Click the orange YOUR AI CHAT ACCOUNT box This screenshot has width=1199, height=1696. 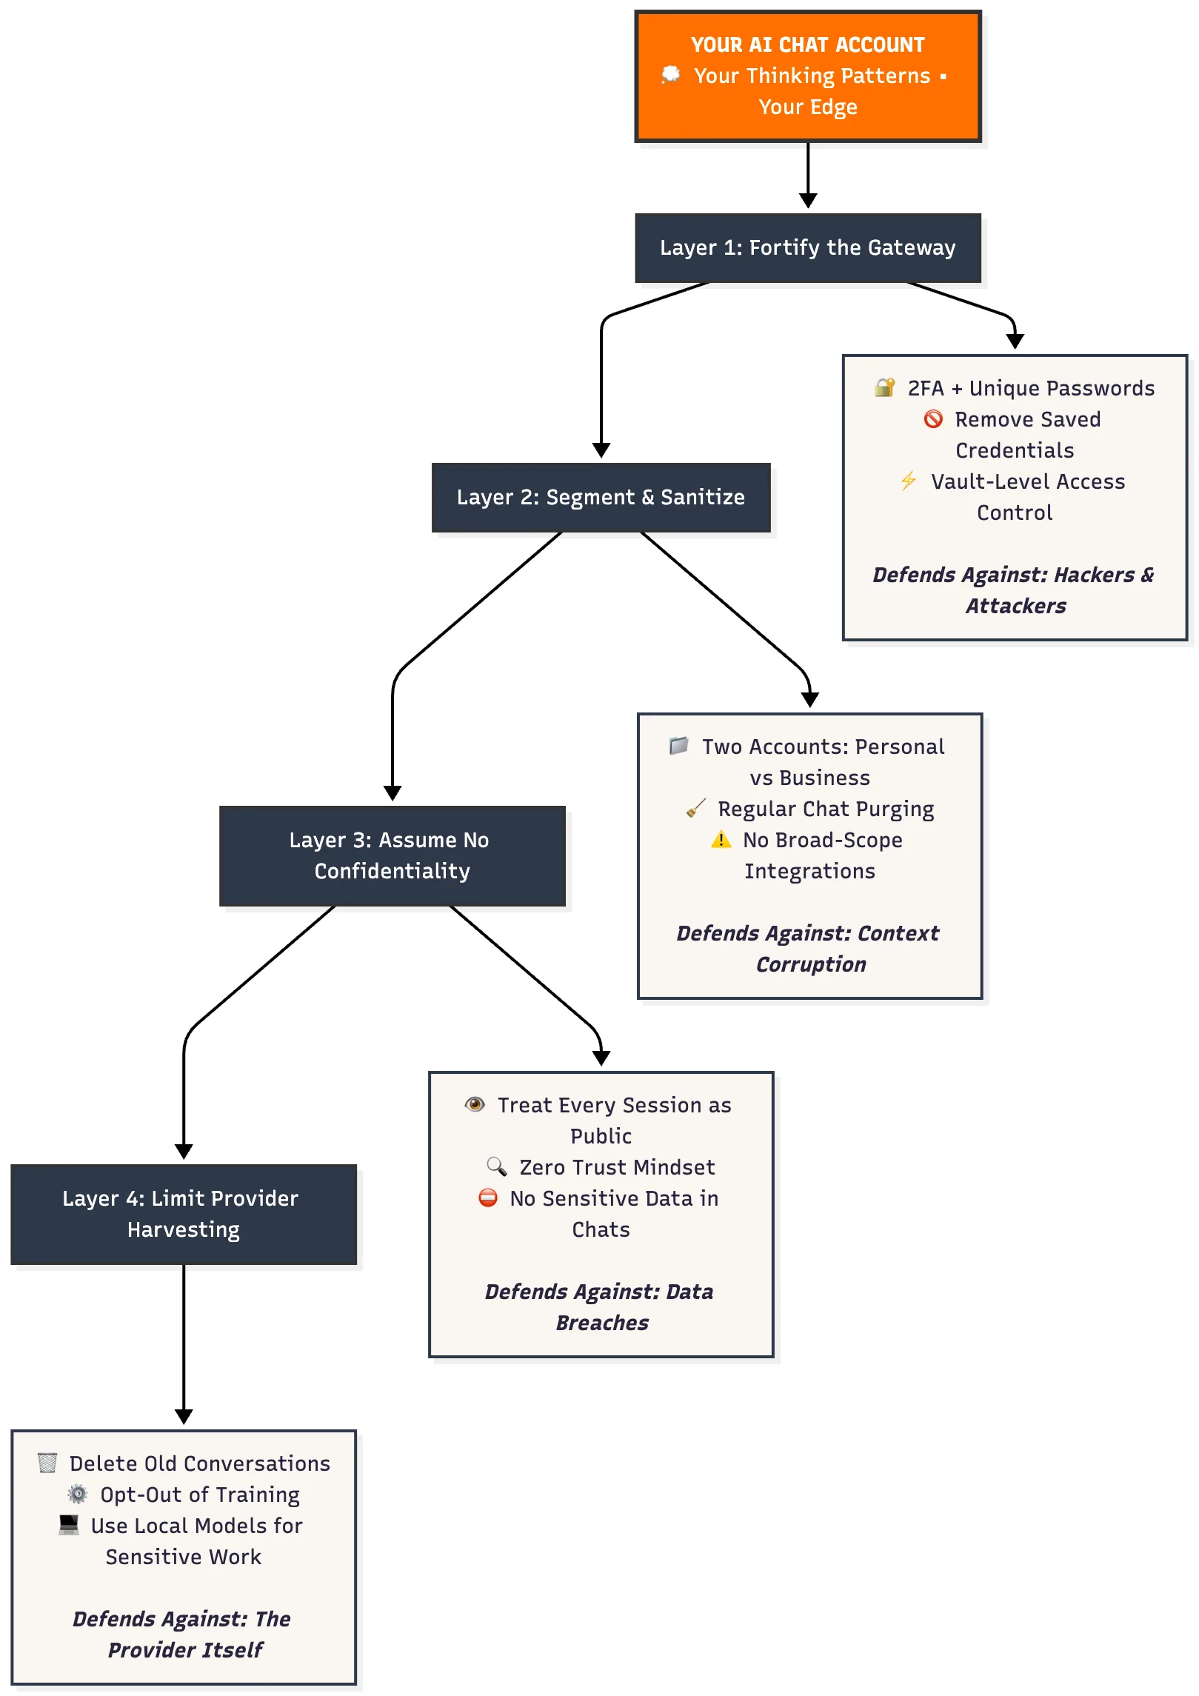[808, 76]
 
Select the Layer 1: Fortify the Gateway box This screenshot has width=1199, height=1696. [808, 247]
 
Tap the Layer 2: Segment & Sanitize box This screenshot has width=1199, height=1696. [601, 497]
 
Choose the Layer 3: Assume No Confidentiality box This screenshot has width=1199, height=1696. [392, 855]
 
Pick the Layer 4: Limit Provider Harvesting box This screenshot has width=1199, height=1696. [184, 1214]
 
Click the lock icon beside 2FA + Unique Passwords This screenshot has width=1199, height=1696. [884, 387]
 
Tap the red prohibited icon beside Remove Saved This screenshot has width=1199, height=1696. [933, 418]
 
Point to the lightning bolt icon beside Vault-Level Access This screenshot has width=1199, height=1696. [909, 481]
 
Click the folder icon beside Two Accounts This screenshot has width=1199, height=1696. [678, 745]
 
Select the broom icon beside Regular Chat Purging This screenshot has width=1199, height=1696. [695, 808]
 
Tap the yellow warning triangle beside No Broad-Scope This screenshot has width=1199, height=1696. [721, 839]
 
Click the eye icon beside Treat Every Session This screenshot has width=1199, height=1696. [475, 1104]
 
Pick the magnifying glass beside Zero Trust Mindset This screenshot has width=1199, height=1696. [496, 1166]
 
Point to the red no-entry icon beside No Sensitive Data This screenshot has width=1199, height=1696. [488, 1198]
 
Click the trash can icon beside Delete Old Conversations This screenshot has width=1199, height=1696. [47, 1463]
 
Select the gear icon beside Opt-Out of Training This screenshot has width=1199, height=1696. [78, 1494]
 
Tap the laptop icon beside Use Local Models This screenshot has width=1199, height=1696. [69, 1525]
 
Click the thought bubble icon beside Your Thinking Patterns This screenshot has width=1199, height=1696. [670, 74]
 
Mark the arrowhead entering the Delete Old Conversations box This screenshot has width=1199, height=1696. [184, 1417]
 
